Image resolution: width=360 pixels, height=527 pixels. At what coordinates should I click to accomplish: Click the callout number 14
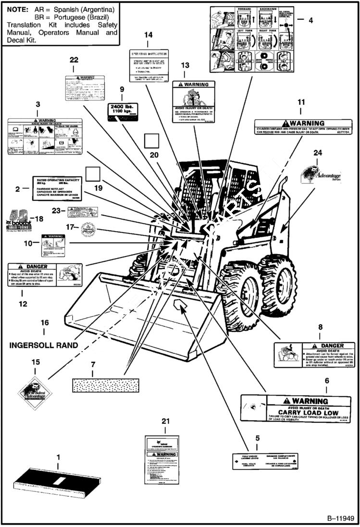pos(148,35)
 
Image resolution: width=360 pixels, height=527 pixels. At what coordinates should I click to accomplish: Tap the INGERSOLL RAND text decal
pos(44,345)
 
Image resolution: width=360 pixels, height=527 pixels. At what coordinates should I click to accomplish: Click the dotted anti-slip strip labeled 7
pos(105,385)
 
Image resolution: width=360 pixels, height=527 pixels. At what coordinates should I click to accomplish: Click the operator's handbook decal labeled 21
pos(162,460)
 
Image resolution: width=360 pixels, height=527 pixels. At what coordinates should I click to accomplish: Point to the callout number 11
pos(301,102)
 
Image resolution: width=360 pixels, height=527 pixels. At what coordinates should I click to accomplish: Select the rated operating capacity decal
pos(57,188)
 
